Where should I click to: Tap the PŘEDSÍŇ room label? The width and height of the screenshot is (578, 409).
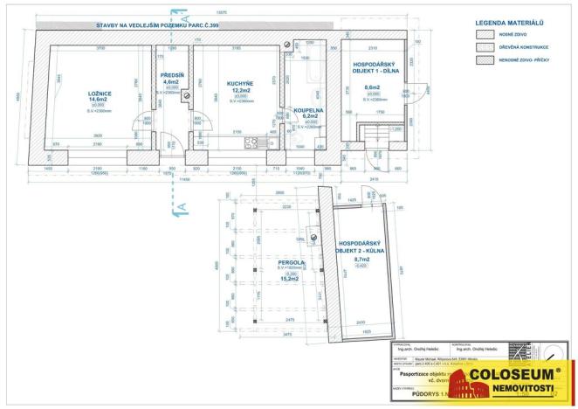pos(172,76)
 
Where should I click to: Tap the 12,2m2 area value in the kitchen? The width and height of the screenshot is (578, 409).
pos(241,89)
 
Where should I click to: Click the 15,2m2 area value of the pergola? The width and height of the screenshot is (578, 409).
pos(291,278)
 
